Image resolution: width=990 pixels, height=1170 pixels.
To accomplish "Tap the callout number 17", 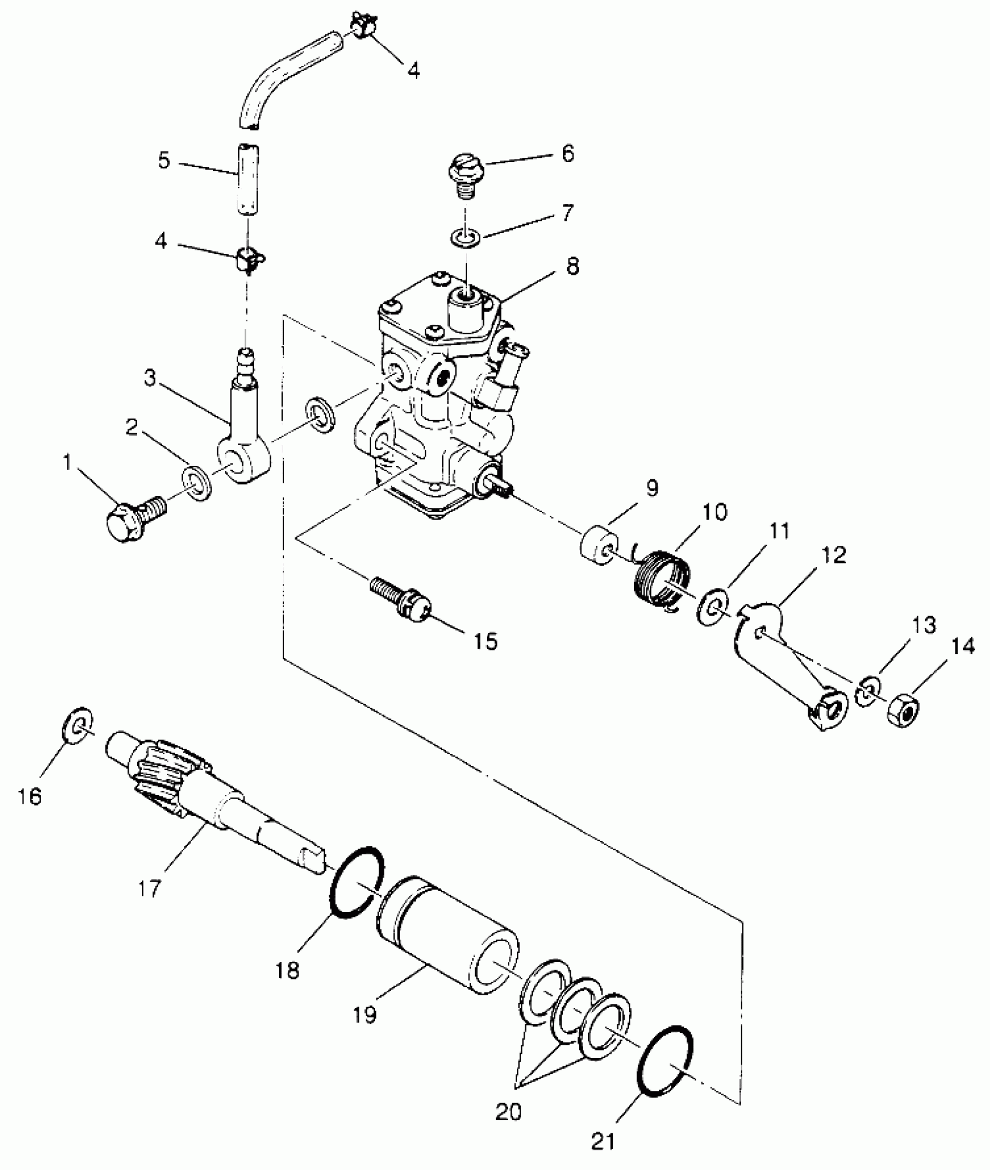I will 150,889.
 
